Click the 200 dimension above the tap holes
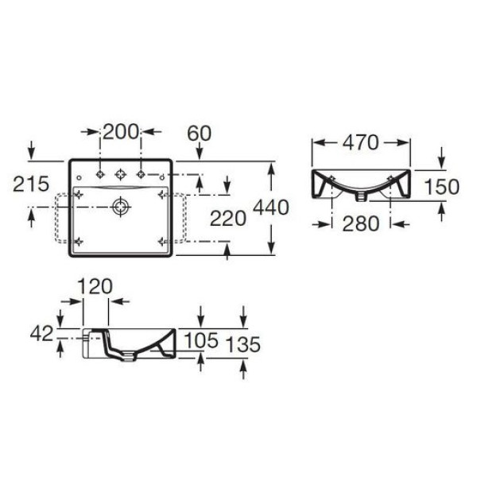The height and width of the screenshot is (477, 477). click(x=122, y=132)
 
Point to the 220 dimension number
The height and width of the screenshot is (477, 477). click(x=227, y=216)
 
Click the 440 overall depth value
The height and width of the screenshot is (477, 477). click(x=270, y=207)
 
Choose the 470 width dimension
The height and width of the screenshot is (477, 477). click(x=361, y=142)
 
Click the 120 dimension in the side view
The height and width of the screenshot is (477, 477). click(x=95, y=286)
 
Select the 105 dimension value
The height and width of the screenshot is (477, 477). click(x=200, y=341)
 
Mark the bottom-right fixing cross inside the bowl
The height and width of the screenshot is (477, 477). click(x=162, y=240)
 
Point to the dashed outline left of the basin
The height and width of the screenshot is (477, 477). click(x=57, y=219)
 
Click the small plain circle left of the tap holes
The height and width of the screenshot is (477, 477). click(x=79, y=173)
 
